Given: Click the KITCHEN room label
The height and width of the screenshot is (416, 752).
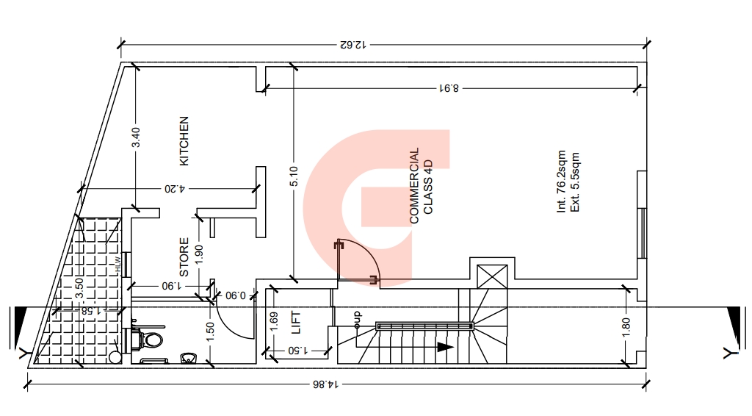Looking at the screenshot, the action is tap(184, 141).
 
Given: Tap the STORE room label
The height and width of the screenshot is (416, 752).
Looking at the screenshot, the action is tap(184, 257).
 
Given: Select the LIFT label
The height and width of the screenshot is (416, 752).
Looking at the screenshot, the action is tap(296, 323).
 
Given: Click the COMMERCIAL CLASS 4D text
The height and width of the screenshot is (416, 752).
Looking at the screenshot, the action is tap(421, 185).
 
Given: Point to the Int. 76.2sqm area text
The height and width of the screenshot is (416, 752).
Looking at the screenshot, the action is tap(561, 182).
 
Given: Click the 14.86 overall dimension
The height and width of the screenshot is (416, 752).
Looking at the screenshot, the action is tap(325, 384).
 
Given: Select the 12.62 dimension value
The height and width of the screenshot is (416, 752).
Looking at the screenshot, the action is tap(353, 45).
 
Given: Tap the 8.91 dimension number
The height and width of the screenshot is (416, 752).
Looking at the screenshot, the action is tap(449, 88).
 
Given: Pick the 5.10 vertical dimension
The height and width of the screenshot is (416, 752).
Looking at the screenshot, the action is tap(294, 176).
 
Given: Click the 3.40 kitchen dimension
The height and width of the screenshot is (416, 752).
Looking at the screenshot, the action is tap(136, 137).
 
